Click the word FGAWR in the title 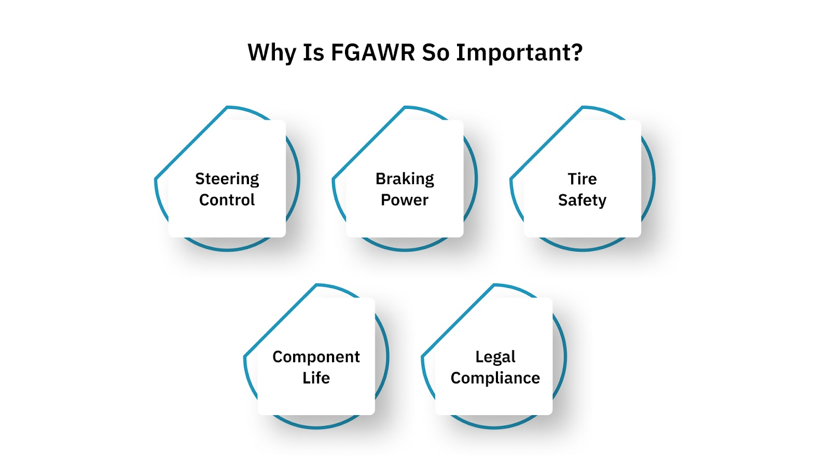[x=372, y=52]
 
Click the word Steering [x=227, y=179]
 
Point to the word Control [x=227, y=200]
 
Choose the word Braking [x=405, y=179]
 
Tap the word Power [x=405, y=200]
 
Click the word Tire [x=582, y=179]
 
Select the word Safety [x=582, y=200]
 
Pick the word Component [x=316, y=357]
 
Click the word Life [x=316, y=378]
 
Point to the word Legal [x=495, y=357]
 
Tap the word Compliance [x=495, y=378]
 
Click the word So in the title [x=435, y=52]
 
